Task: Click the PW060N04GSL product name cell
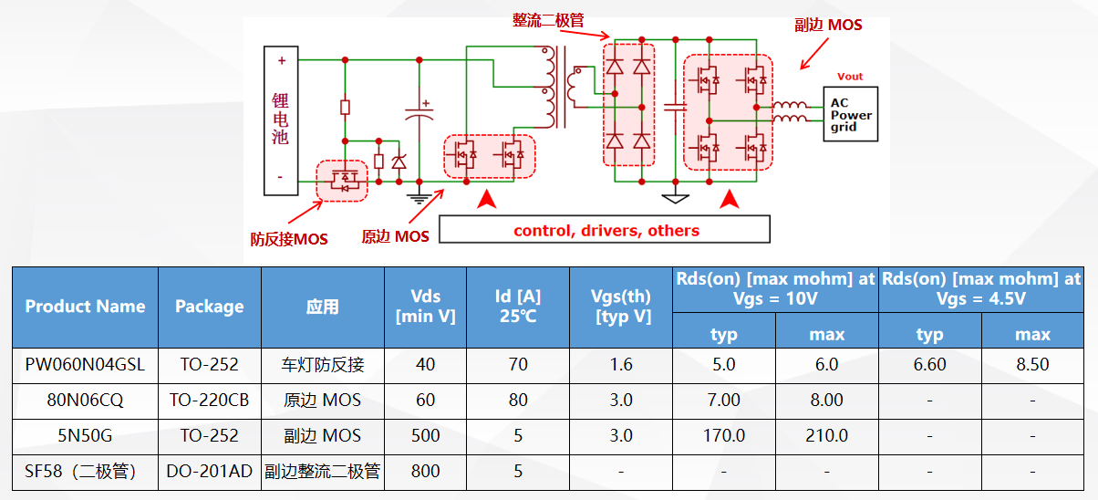pos(85,365)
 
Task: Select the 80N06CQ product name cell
pos(85,400)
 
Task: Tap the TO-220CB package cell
pos(210,400)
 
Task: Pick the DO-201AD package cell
pos(210,472)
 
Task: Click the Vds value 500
pos(425,435)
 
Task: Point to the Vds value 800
pos(425,472)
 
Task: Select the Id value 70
pos(518,365)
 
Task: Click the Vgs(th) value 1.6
pos(621,365)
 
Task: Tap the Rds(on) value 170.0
pos(724,435)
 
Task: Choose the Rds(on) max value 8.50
pos(1032,365)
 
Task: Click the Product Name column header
pos(85,307)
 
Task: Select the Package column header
pos(210,307)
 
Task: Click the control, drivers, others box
pos(606,230)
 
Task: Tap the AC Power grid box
pos(850,114)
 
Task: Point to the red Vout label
pos(849,77)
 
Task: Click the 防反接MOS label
pos(289,239)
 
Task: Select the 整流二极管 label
pos(548,19)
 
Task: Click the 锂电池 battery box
pos(281,120)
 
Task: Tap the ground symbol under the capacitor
pos(419,191)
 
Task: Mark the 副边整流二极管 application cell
pos(323,472)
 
